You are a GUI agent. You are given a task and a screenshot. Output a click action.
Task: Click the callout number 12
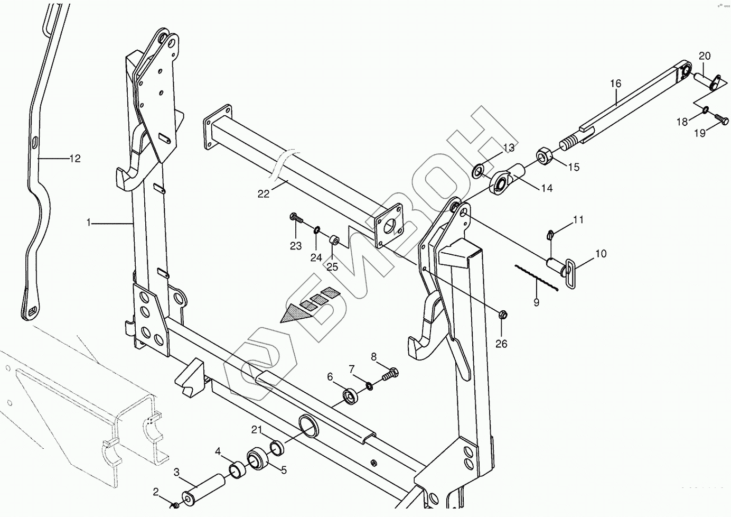pyautogui.click(x=76, y=158)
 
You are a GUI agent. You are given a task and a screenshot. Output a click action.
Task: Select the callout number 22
pyautogui.click(x=264, y=194)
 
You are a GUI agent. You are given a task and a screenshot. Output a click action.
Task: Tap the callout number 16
pyautogui.click(x=616, y=84)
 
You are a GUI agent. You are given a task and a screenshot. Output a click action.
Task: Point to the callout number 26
pyautogui.click(x=501, y=344)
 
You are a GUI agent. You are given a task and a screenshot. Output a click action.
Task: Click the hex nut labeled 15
pyautogui.click(x=545, y=156)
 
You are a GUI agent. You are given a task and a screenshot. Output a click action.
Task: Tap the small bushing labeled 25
pyautogui.click(x=334, y=241)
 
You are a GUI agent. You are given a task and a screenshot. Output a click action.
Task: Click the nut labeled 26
pyautogui.click(x=503, y=315)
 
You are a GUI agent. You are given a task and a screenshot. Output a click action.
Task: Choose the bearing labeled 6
pyautogui.click(x=350, y=395)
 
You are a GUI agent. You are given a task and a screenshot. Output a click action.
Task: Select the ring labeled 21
pyautogui.click(x=277, y=448)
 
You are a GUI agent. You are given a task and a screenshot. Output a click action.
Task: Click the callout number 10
pyautogui.click(x=601, y=254)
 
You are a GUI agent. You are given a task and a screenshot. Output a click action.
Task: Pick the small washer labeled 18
pyautogui.click(x=705, y=110)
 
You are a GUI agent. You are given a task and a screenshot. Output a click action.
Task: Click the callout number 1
pyautogui.click(x=89, y=223)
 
